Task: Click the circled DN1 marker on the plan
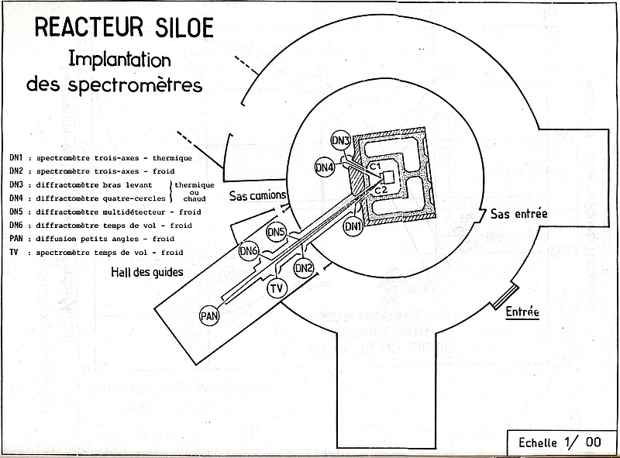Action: click(353, 226)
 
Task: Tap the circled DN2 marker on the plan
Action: click(304, 269)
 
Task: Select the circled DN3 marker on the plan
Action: click(341, 140)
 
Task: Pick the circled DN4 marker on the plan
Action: click(324, 167)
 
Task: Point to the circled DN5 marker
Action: click(277, 232)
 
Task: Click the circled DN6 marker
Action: click(249, 251)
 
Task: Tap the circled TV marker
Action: click(277, 288)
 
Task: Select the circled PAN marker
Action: click(209, 315)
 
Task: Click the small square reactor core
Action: click(389, 177)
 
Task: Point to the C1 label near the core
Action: click(375, 167)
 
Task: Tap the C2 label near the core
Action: click(381, 190)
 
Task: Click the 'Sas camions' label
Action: click(258, 195)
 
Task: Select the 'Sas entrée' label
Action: click(519, 214)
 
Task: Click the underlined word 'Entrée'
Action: click(522, 312)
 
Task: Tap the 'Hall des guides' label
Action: click(147, 272)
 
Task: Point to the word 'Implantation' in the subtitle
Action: click(120, 60)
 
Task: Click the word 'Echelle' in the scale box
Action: click(538, 443)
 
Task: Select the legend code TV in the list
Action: click(14, 252)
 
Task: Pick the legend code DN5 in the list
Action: click(16, 212)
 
